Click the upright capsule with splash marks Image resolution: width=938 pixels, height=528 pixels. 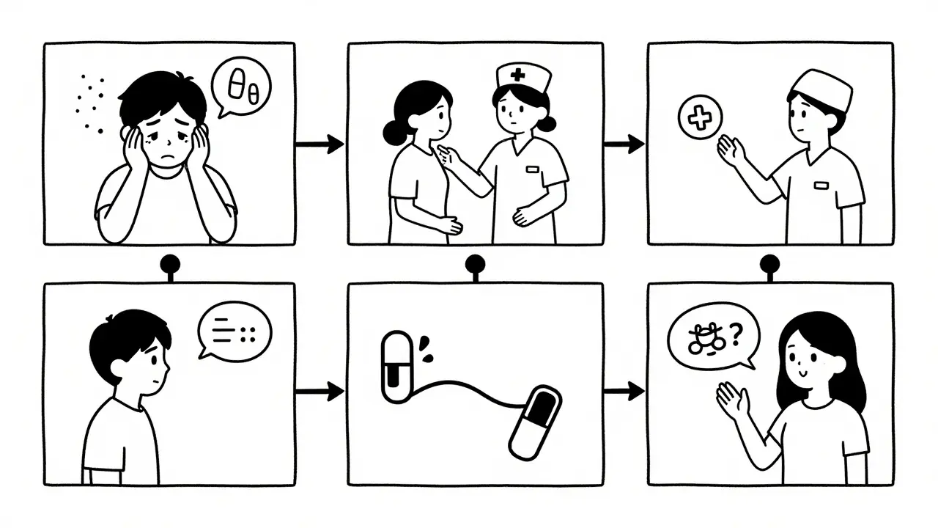(x=396, y=367)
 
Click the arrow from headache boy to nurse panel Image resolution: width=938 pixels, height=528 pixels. (x=320, y=144)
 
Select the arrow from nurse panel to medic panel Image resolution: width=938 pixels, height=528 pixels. (x=624, y=144)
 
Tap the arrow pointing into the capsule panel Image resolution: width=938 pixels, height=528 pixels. (x=320, y=391)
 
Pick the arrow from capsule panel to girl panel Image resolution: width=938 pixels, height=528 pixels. (x=624, y=391)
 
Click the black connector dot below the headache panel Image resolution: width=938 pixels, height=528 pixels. (x=171, y=263)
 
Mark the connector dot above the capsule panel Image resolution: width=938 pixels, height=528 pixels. (x=474, y=263)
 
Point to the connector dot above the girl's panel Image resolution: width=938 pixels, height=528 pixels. (x=770, y=263)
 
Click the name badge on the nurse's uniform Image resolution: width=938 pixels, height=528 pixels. (x=532, y=170)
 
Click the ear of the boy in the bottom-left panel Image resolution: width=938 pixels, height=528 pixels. (x=132, y=363)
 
